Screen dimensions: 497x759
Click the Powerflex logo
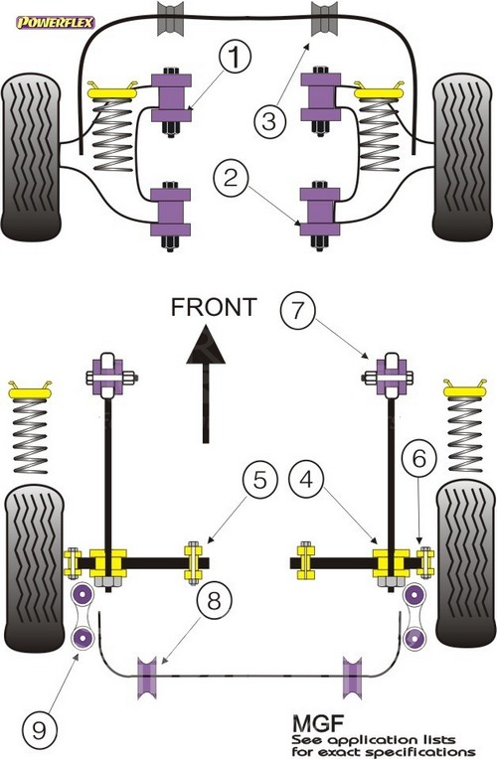pyautogui.click(x=56, y=22)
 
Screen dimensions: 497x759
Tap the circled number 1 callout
pyautogui.click(x=235, y=57)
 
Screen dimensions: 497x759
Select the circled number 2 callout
pyautogui.click(x=231, y=178)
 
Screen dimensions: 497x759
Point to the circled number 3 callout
pyautogui.click(x=269, y=120)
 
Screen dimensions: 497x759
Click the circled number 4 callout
pyautogui.click(x=306, y=480)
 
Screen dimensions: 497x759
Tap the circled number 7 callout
pyautogui.click(x=297, y=310)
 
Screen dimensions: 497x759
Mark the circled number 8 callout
pyautogui.click(x=214, y=601)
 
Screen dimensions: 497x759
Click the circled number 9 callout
pyautogui.click(x=39, y=729)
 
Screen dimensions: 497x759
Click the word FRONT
pyautogui.click(x=213, y=307)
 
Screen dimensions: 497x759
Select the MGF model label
pyautogui.click(x=317, y=724)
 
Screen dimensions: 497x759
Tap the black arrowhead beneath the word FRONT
pyautogui.click(x=206, y=347)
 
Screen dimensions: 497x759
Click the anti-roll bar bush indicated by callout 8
pyautogui.click(x=147, y=678)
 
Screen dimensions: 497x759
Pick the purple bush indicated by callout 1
pyautogui.click(x=171, y=97)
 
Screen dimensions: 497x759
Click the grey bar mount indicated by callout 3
pyautogui.click(x=324, y=19)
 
